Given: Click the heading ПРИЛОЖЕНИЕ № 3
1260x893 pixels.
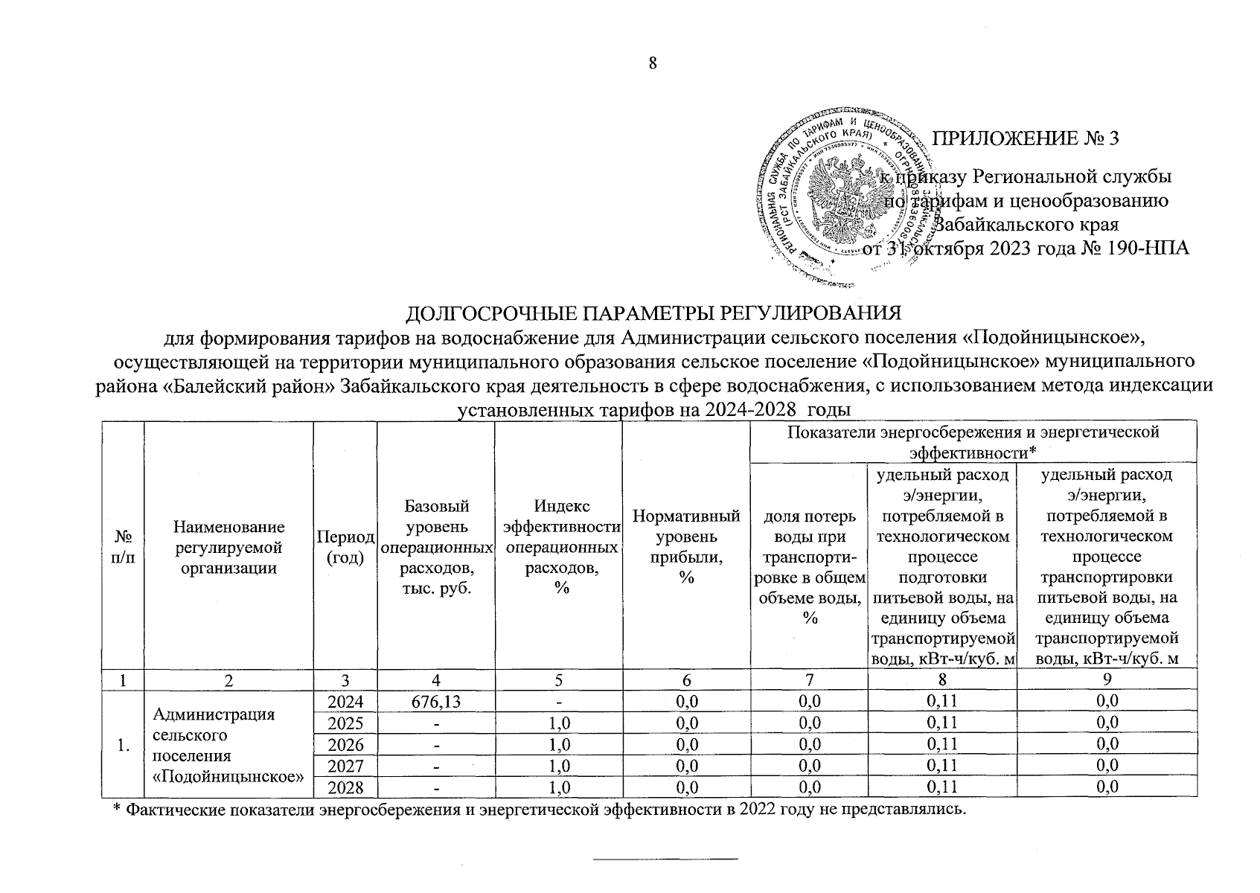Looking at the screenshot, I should click(x=1026, y=138).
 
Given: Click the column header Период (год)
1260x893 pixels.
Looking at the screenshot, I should click(x=346, y=547).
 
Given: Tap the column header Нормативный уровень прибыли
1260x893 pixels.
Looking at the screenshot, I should click(x=685, y=546).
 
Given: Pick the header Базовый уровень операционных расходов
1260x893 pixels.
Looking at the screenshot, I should click(x=436, y=547).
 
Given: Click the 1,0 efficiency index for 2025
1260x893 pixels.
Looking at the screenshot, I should click(x=558, y=723).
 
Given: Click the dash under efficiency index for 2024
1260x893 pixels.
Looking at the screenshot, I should click(x=558, y=701).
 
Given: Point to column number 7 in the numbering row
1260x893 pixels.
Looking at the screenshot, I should click(x=809, y=679).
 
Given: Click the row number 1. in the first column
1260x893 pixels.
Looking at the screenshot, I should click(x=124, y=744).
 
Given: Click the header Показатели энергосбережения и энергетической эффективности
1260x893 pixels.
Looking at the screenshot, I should click(x=973, y=441).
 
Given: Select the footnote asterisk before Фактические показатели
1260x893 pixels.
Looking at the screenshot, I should click(x=116, y=810).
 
